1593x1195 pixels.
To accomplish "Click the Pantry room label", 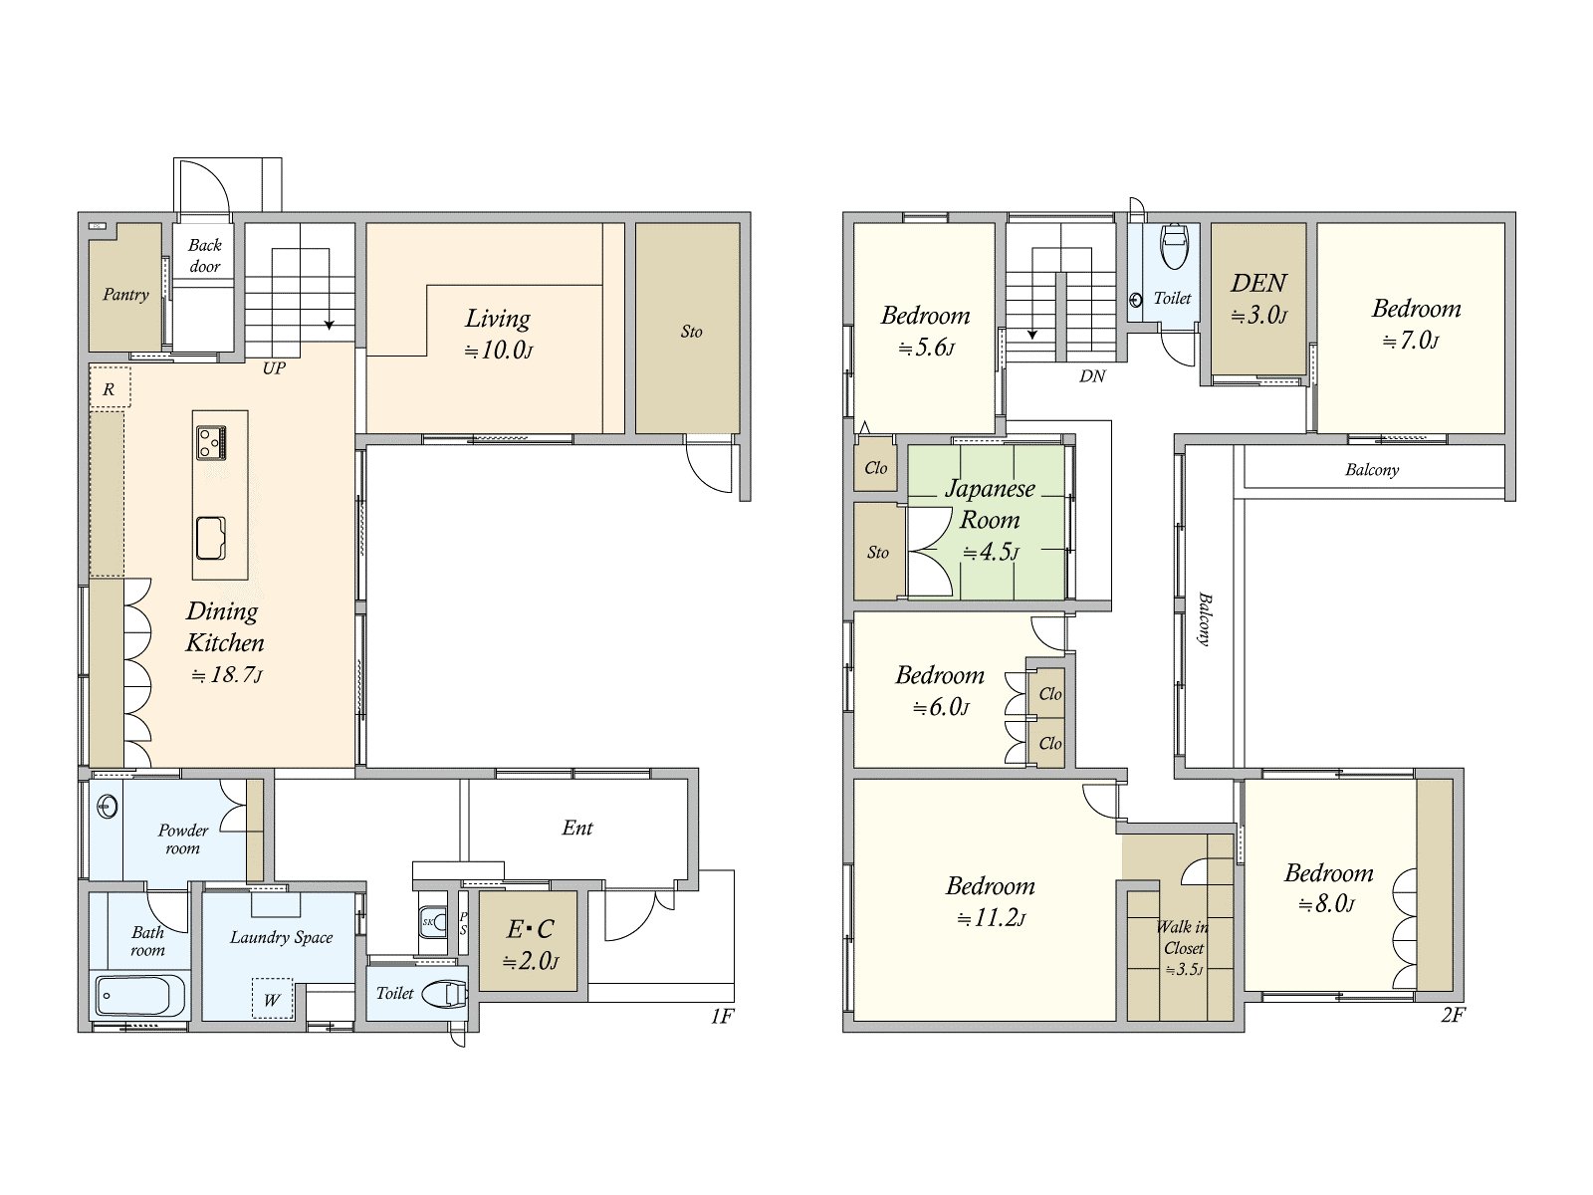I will pyautogui.click(x=125, y=295).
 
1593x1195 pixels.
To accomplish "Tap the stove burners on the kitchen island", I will pyautogui.click(x=211, y=442).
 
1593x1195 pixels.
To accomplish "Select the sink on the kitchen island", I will pyautogui.click(x=211, y=539).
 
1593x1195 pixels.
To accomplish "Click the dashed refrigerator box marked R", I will pyautogui.click(x=110, y=389).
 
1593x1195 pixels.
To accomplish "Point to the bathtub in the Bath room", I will pyautogui.click(x=140, y=996).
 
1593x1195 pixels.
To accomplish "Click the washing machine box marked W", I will pyautogui.click(x=272, y=999).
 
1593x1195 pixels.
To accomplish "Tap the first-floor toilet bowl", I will pyautogui.click(x=445, y=994).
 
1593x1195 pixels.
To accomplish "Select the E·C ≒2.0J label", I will pyautogui.click(x=531, y=943).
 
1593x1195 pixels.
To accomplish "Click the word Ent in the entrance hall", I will pyautogui.click(x=577, y=828).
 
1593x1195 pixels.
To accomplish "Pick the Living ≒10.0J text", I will pyautogui.click(x=498, y=333).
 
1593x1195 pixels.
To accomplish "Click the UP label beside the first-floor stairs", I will pyautogui.click(x=274, y=368).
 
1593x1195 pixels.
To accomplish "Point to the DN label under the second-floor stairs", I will pyautogui.click(x=1092, y=376).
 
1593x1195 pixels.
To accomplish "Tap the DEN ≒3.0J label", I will pyautogui.click(x=1258, y=298).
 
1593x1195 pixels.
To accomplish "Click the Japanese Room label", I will pyautogui.click(x=989, y=504).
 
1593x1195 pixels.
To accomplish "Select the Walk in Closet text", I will pyautogui.click(x=1183, y=937).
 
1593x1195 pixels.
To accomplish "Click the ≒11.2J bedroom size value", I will pyautogui.click(x=991, y=918).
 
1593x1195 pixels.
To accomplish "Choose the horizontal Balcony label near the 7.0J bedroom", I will pyautogui.click(x=1372, y=470).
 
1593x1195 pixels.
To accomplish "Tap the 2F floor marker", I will pyautogui.click(x=1453, y=1015).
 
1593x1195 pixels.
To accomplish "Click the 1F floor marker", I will pyautogui.click(x=722, y=1016).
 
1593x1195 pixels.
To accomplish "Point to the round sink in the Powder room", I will pyautogui.click(x=107, y=807).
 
